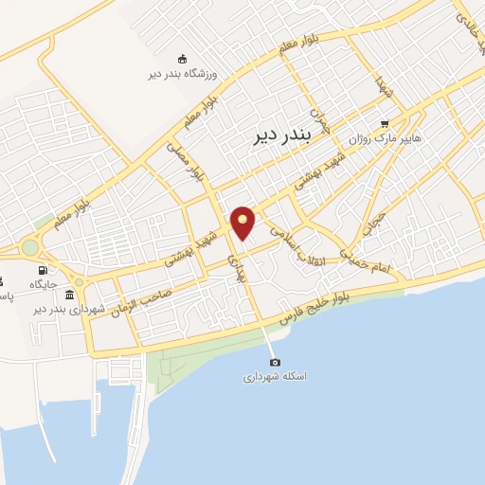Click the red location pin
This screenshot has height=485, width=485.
click(x=243, y=224)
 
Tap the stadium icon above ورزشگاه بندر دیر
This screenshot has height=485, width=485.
click(x=183, y=59)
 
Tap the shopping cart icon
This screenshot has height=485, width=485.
click(x=384, y=123)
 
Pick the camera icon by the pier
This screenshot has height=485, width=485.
click(x=275, y=362)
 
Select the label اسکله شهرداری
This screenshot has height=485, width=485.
click(x=275, y=376)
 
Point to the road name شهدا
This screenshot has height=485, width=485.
click(x=382, y=86)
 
